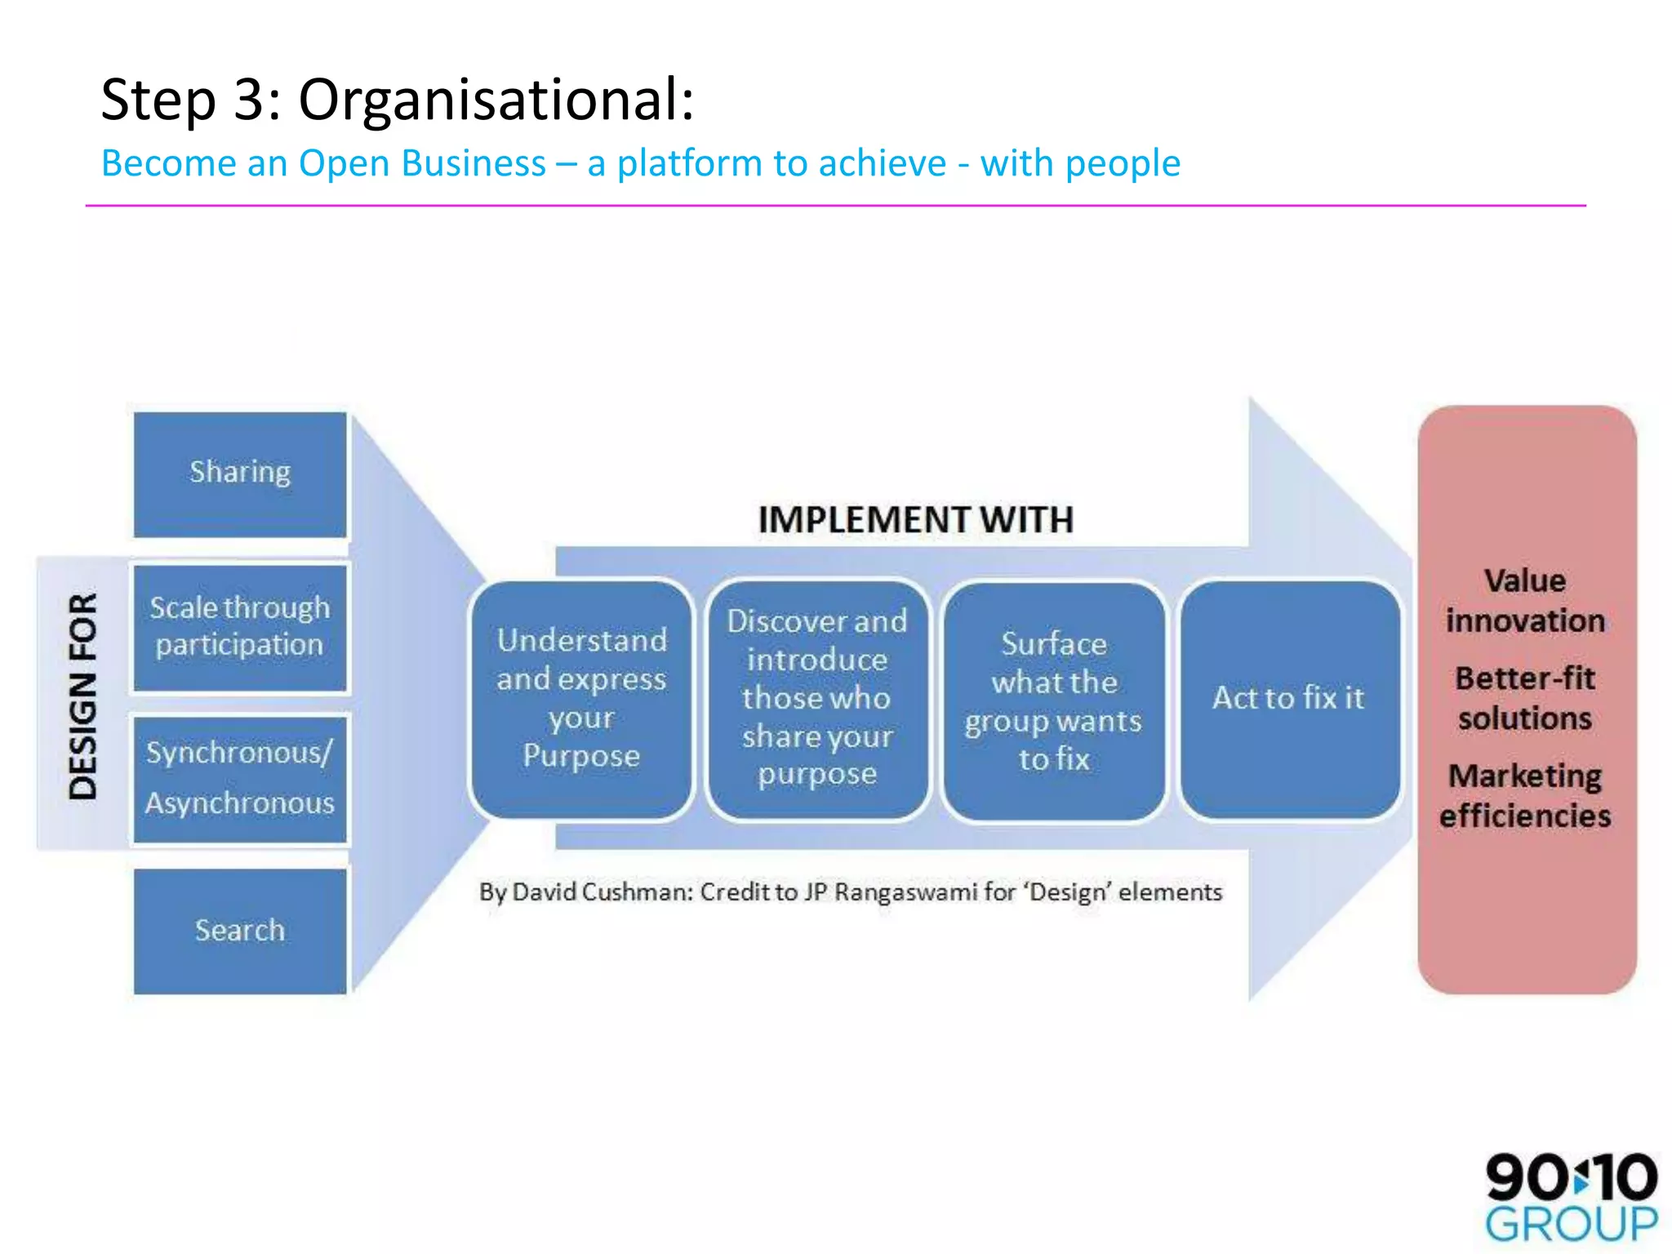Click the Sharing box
coord(240,474)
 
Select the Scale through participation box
coord(240,627)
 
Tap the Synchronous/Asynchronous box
coord(240,778)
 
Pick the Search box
coord(240,931)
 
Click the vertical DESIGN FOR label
coord(82,696)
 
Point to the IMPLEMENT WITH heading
coord(915,520)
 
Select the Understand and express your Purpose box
coord(581,699)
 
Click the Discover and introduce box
coord(817,699)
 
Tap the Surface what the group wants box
coord(1053,700)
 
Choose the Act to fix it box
coord(1288,699)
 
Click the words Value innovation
coord(1525,601)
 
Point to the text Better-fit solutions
coord(1525,698)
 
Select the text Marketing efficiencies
coord(1525,795)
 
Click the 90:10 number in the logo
coord(1571,1177)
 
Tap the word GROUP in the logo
coord(1571,1225)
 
